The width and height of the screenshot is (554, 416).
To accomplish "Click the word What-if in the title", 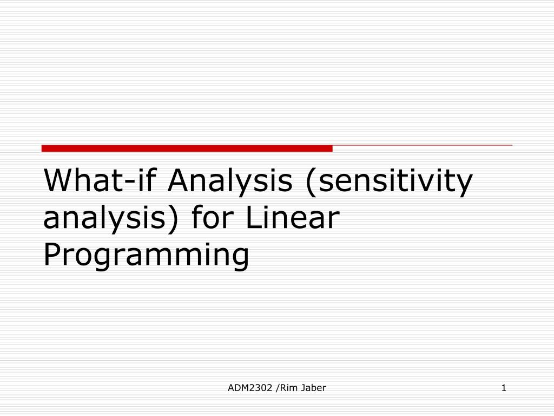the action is [100, 180].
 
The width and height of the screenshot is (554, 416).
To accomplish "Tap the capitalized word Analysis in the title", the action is [230, 182].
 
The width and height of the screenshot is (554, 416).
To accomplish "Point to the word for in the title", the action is [213, 217].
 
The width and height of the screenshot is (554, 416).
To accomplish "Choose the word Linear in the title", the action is [293, 217].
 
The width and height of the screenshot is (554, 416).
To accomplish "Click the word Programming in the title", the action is [146, 256].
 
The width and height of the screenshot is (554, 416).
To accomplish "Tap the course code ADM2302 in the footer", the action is [250, 388].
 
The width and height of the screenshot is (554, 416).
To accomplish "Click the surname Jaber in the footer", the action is [313, 388].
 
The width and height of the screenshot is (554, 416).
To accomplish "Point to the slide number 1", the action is [504, 388].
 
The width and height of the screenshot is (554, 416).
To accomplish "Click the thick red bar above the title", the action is [187, 148].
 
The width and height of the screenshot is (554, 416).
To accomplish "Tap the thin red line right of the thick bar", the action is [422, 145].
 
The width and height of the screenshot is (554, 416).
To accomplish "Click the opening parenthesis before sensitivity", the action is [311, 182].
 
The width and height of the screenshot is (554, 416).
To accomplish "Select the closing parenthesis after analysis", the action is [172, 219].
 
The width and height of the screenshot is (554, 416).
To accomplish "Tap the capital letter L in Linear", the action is [253, 217].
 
